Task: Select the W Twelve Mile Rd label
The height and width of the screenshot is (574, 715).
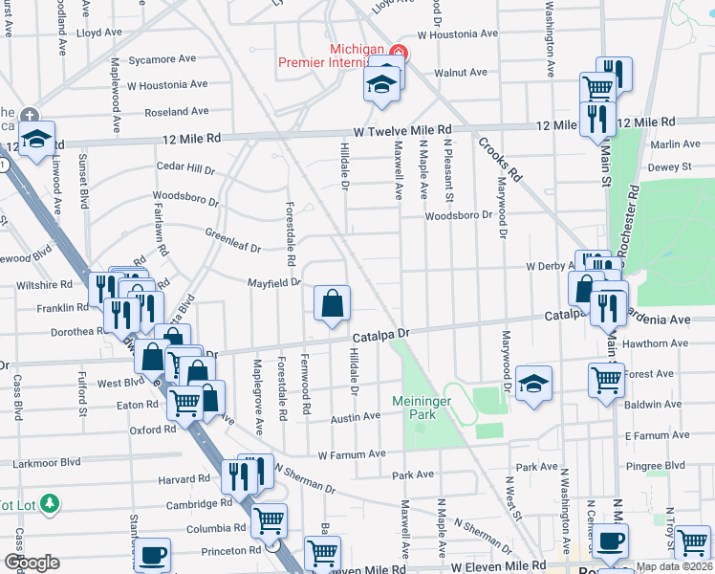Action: coord(401,129)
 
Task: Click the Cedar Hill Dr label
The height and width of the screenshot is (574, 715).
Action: coord(186,168)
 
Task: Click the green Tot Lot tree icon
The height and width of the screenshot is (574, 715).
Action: coord(50,502)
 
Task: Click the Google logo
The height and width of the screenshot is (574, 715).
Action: coord(32,563)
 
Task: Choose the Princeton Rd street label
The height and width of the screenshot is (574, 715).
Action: coord(229,551)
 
